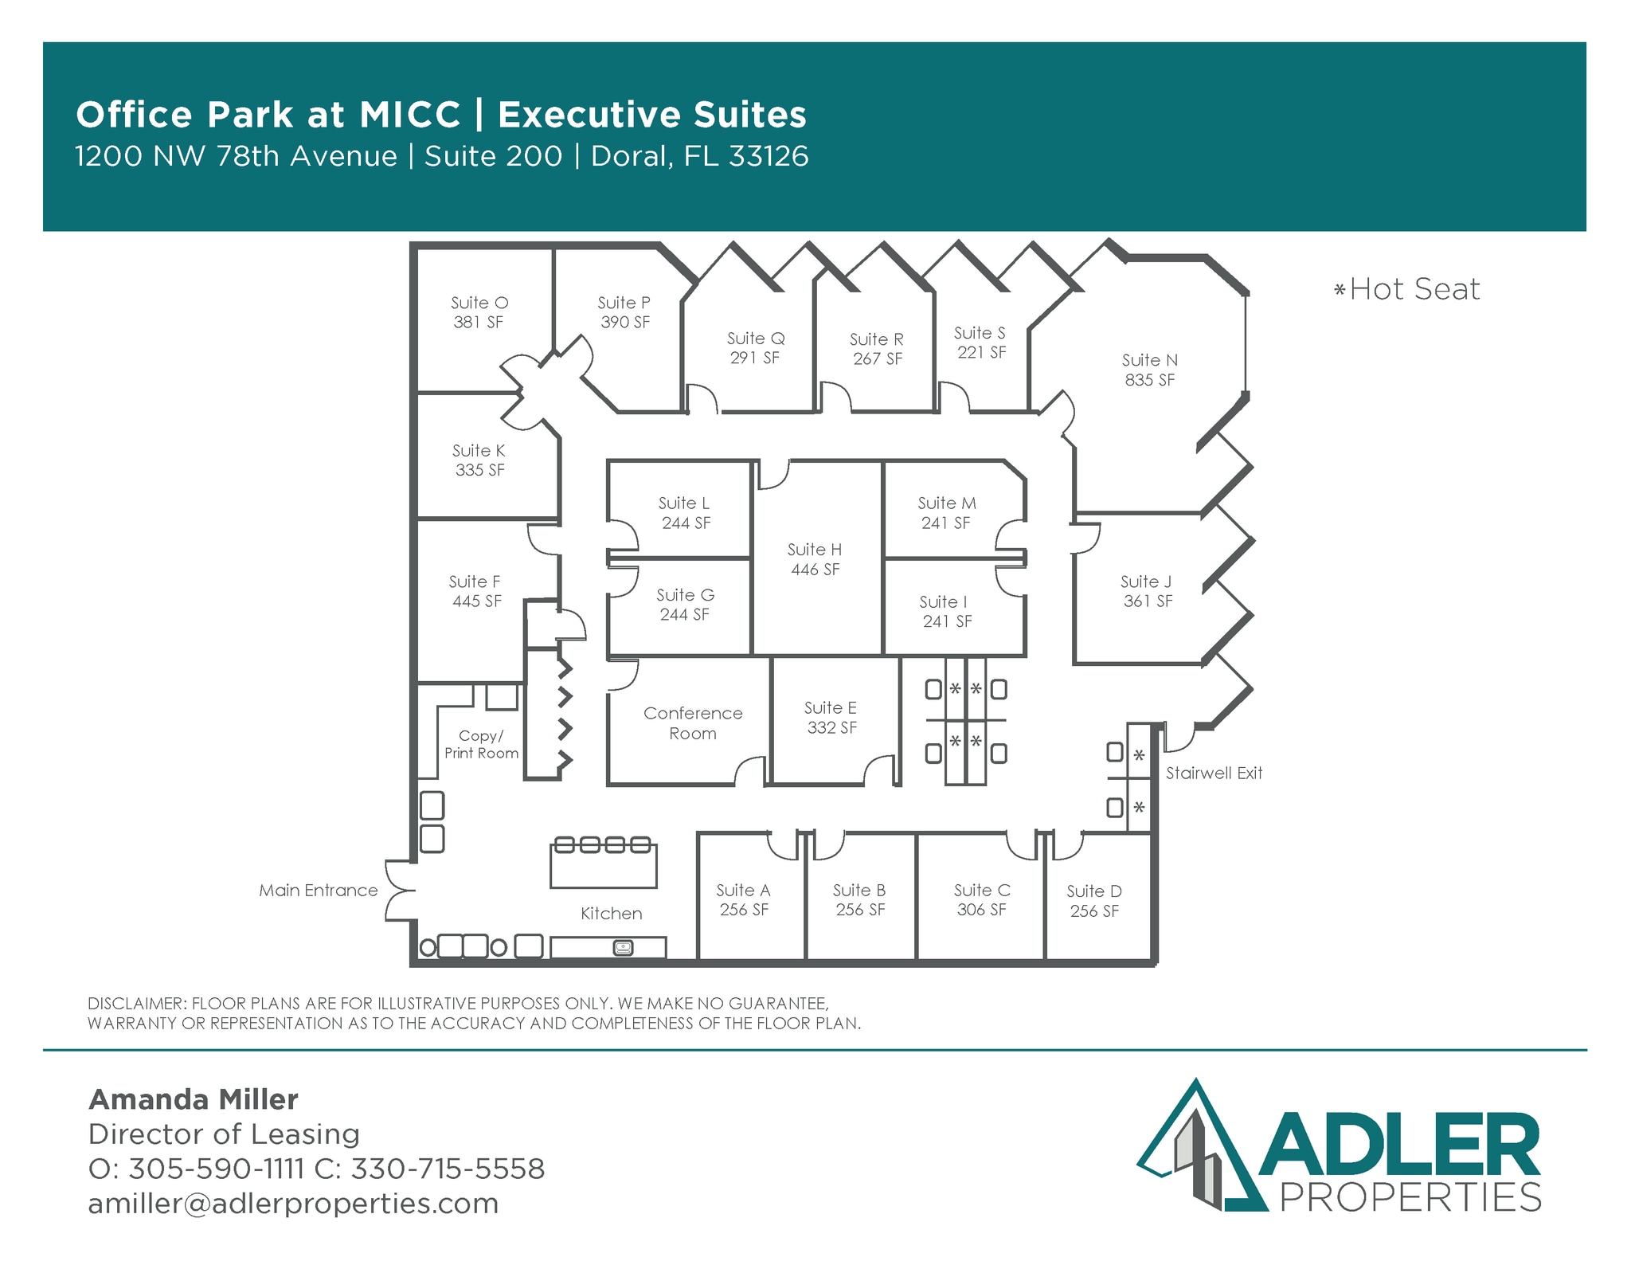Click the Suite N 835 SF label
(x=1149, y=370)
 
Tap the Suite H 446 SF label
(x=815, y=559)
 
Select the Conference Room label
(x=693, y=723)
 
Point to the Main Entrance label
(x=318, y=891)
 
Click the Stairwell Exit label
(x=1214, y=773)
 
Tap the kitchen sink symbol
(x=623, y=948)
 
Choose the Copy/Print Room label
(x=481, y=745)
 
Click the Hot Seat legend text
(x=1414, y=289)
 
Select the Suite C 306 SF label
(x=982, y=900)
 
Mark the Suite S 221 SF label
(x=980, y=343)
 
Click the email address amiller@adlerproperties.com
(x=293, y=1204)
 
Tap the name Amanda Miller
(x=194, y=1099)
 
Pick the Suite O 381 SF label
(x=479, y=312)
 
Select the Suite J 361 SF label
(x=1147, y=591)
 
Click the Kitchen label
(x=611, y=914)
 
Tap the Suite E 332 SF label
(x=831, y=718)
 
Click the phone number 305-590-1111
(x=216, y=1169)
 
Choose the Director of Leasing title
(x=224, y=1134)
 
